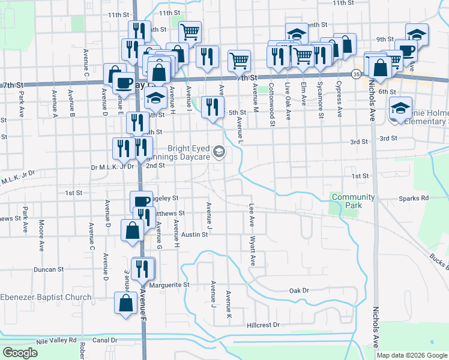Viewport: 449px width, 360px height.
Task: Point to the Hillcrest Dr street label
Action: click(x=263, y=325)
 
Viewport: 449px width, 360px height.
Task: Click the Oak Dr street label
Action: click(x=298, y=290)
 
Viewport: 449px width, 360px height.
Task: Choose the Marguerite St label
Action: click(x=169, y=284)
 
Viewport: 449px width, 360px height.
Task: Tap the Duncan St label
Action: click(x=49, y=270)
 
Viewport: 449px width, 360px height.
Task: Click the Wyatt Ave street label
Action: click(x=253, y=251)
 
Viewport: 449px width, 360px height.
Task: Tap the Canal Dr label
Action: click(x=104, y=340)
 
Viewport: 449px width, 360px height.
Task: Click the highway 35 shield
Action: click(x=356, y=74)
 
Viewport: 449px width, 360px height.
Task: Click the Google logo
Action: click(x=20, y=353)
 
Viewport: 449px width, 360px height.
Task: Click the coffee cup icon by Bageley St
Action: click(x=142, y=201)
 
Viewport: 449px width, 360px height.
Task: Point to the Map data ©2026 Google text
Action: click(x=412, y=355)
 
